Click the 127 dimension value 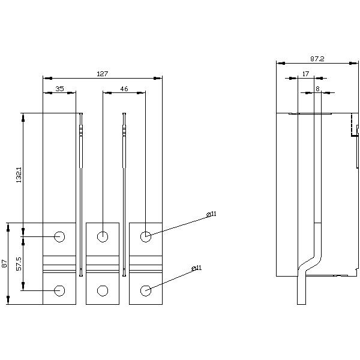(x=102, y=74)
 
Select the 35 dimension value (x=59, y=89)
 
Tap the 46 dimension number (x=124, y=89)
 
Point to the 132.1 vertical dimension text (x=19, y=175)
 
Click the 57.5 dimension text (x=19, y=263)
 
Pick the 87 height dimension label (x=4, y=263)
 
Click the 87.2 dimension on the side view (x=317, y=59)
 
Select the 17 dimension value (x=305, y=74)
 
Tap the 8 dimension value (x=317, y=89)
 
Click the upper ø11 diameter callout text (x=211, y=214)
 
